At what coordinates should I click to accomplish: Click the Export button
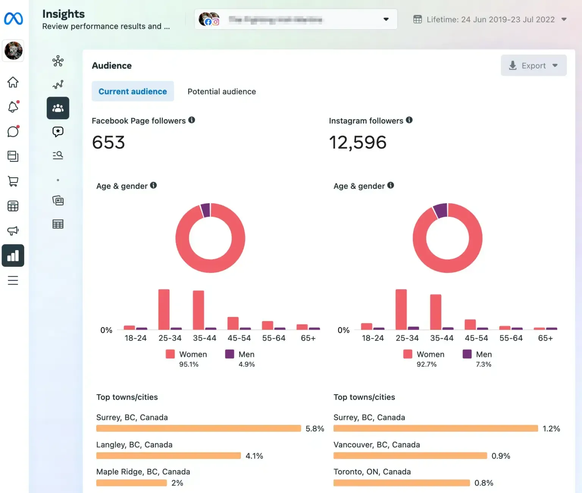pyautogui.click(x=533, y=66)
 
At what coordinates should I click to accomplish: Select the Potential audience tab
pyautogui.click(x=222, y=91)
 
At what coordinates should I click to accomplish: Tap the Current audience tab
pyautogui.click(x=133, y=91)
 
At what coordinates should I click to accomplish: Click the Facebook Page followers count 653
pyautogui.click(x=108, y=142)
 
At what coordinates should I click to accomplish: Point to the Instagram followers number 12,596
pyautogui.click(x=358, y=142)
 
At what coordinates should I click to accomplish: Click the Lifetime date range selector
pyautogui.click(x=490, y=19)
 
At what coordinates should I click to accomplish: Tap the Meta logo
pyautogui.click(x=13, y=19)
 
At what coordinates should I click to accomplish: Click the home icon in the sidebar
pyautogui.click(x=13, y=82)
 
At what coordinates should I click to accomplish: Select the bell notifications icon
pyautogui.click(x=13, y=107)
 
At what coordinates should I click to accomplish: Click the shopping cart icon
pyautogui.click(x=13, y=181)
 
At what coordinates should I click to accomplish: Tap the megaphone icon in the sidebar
pyautogui.click(x=13, y=231)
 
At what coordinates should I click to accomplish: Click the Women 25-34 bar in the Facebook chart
pyautogui.click(x=164, y=309)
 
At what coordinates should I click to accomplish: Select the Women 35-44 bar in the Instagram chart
pyautogui.click(x=435, y=311)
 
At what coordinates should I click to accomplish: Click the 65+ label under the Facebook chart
pyautogui.click(x=308, y=338)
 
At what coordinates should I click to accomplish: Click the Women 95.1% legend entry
pyautogui.click(x=188, y=358)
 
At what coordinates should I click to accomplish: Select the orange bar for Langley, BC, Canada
pyautogui.click(x=168, y=455)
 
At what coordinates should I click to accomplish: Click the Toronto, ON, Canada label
pyautogui.click(x=372, y=472)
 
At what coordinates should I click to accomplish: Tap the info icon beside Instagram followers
pyautogui.click(x=409, y=120)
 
